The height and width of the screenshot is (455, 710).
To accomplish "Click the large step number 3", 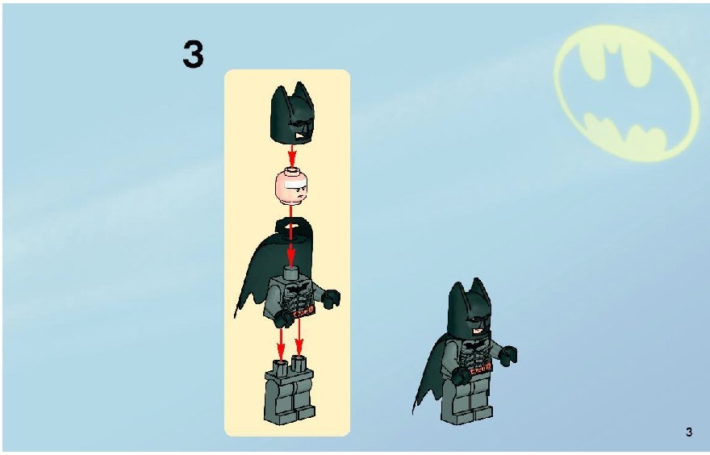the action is [194, 54].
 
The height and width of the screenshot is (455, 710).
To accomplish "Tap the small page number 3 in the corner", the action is [689, 432].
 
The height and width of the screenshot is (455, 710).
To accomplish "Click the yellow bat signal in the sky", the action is [626, 93].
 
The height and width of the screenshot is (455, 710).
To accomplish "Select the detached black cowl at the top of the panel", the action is [292, 113].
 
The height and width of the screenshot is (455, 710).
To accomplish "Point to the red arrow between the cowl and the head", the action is [292, 157].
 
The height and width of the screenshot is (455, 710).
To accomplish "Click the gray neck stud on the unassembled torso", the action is [291, 272].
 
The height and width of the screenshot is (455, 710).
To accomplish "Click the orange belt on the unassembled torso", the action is [302, 312].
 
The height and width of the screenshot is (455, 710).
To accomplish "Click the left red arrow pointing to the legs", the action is [282, 345].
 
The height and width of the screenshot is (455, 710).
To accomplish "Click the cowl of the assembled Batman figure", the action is [470, 309].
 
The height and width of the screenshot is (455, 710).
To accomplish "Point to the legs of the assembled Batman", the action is [467, 401].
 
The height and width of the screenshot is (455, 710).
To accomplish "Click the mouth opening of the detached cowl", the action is [301, 135].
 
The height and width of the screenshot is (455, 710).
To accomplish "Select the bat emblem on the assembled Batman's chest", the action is [474, 345].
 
